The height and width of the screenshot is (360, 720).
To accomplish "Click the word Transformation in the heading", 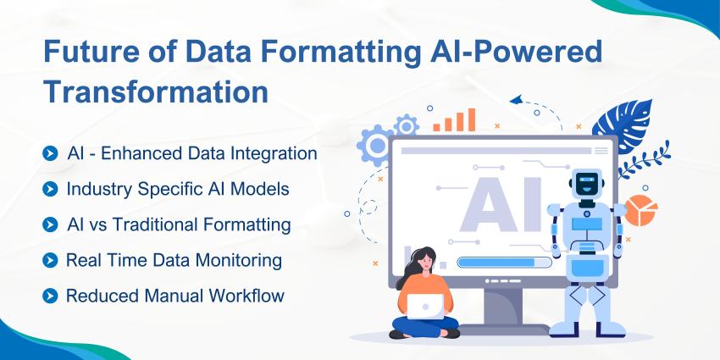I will click(156, 91).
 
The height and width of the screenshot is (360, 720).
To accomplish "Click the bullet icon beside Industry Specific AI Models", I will click(51, 190).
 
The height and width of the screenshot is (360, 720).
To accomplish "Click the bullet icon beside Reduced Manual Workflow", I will click(51, 296).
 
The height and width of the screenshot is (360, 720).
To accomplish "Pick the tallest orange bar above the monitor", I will click(470, 119).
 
